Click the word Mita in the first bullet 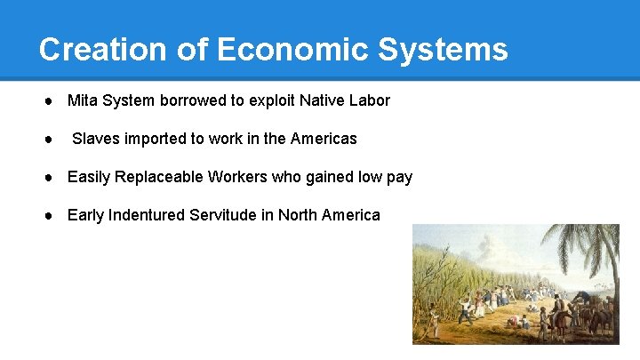[82, 100]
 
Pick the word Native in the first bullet [321, 100]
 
